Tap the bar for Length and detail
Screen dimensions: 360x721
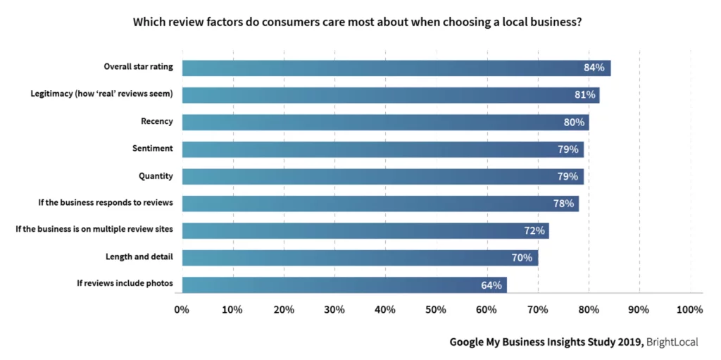point(359,257)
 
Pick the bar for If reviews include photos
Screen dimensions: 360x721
point(344,285)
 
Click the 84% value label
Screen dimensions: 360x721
point(594,68)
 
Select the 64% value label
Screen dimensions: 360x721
point(491,285)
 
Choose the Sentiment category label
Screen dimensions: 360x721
point(152,149)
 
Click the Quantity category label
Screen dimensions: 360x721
point(156,176)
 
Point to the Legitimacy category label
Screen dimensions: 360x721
point(101,94)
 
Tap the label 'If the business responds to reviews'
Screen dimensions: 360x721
point(105,203)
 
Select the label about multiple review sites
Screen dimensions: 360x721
point(94,230)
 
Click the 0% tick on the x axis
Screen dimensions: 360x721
point(182,309)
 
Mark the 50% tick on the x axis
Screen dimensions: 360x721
point(436,309)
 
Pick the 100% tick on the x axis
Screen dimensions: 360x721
point(689,309)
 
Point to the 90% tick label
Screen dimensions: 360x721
point(639,309)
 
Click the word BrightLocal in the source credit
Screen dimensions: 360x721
point(672,342)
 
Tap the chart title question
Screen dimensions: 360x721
point(358,22)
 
